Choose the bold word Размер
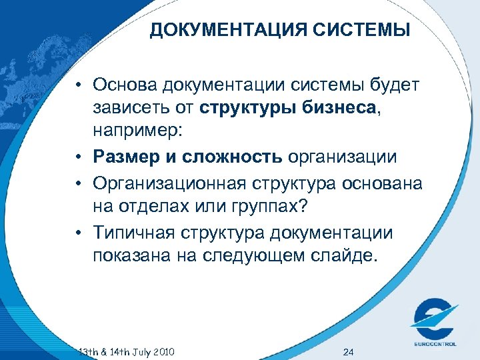tap(127, 157)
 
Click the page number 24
tap(347, 351)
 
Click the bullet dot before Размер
tap(78, 157)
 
